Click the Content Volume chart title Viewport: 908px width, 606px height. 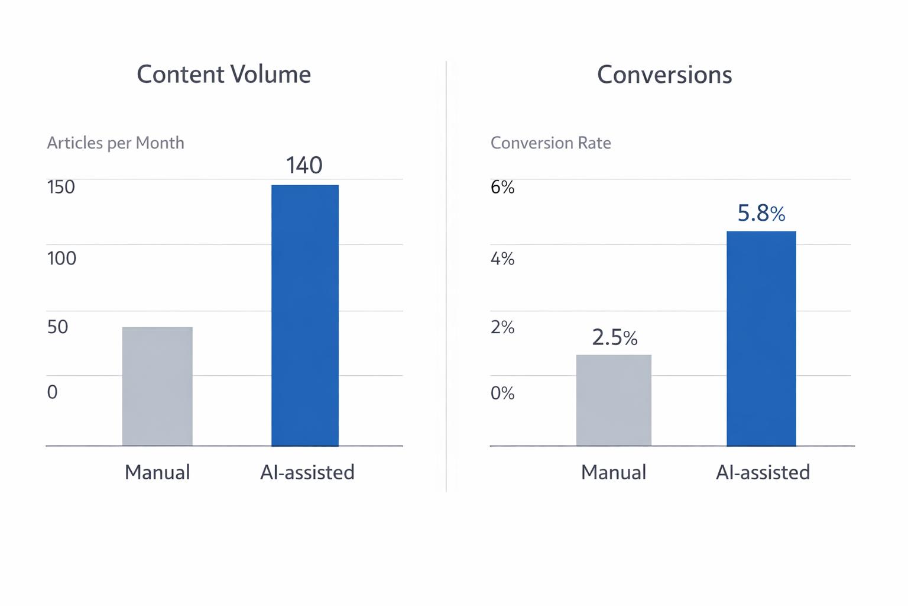[x=223, y=75]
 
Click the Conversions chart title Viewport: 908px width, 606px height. [x=664, y=75]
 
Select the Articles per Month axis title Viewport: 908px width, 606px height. [x=115, y=143]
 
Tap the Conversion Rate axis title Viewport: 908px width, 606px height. [x=550, y=143]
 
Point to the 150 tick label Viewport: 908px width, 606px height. [x=61, y=187]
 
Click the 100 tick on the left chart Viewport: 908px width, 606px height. [x=61, y=258]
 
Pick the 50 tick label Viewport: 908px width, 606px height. [x=57, y=327]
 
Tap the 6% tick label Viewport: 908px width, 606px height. [x=502, y=187]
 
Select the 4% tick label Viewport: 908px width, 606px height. [x=502, y=258]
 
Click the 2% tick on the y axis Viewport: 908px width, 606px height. [x=502, y=327]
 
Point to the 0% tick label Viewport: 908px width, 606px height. [x=502, y=392]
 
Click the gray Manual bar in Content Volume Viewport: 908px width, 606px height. [x=157, y=386]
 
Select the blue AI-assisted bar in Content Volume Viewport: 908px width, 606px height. [x=305, y=315]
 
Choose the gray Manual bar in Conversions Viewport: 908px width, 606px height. [x=614, y=400]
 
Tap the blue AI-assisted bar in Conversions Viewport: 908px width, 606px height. [x=761, y=338]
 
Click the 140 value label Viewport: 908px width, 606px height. [x=304, y=165]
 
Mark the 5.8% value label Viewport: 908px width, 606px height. [x=761, y=213]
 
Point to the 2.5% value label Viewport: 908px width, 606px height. [x=614, y=337]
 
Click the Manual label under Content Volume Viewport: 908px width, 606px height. [x=157, y=472]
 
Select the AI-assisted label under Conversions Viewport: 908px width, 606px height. [x=763, y=472]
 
